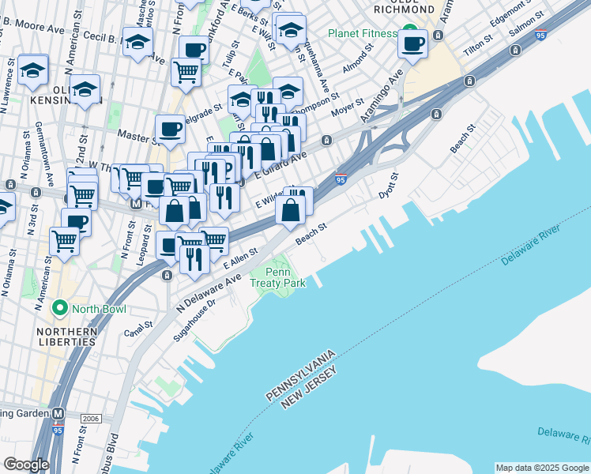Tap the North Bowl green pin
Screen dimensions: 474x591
pos(59,307)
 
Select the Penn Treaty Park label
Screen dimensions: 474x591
pos(276,277)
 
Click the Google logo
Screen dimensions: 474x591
pos(26,465)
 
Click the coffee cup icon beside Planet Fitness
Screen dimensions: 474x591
pos(412,45)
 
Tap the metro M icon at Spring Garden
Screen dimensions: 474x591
pos(58,413)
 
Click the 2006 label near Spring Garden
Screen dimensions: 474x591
pos(91,417)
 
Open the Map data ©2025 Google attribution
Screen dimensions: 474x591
pos(542,468)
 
